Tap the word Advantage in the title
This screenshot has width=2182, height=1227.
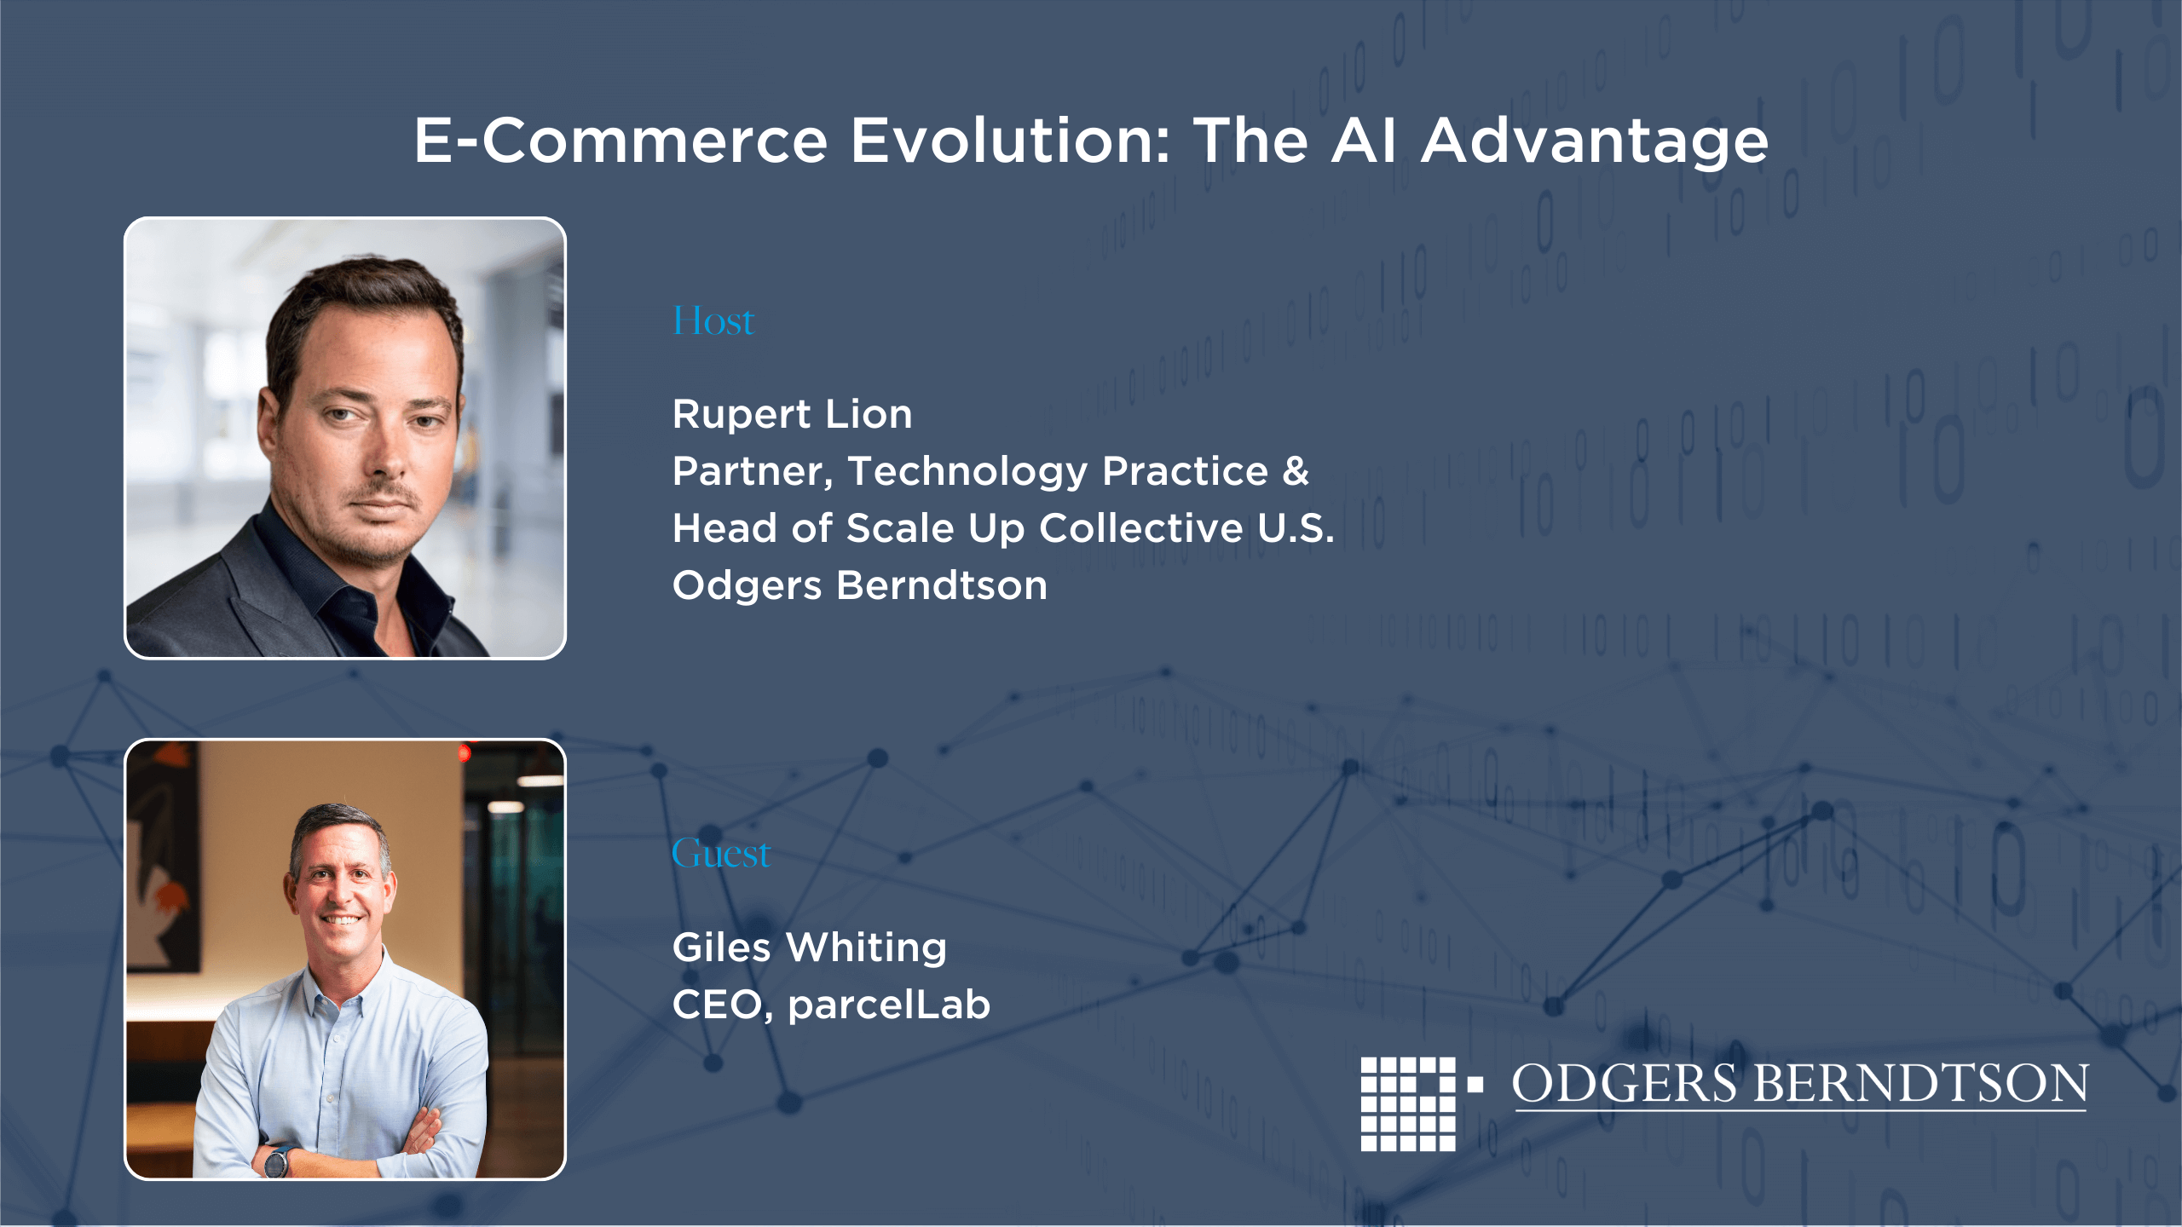[x=1595, y=142]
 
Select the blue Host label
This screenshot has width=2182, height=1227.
[x=713, y=321]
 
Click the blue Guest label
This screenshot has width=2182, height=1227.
[x=720, y=853]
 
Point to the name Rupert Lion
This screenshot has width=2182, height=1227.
[x=792, y=414]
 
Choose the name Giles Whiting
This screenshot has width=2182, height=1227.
[x=809, y=948]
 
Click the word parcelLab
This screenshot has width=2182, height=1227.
[x=889, y=1005]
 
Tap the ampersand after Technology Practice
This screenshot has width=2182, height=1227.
[x=1296, y=471]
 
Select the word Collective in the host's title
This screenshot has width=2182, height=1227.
[x=1141, y=528]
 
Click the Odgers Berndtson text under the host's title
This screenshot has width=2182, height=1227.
[x=859, y=585]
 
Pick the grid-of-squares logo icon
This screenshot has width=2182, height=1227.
[x=1408, y=1104]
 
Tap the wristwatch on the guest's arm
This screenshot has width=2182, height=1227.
[x=277, y=1161]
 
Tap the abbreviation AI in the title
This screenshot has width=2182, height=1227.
[x=1364, y=141]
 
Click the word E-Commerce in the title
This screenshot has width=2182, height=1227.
[x=621, y=141]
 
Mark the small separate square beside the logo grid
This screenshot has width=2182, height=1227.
[x=1475, y=1085]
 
